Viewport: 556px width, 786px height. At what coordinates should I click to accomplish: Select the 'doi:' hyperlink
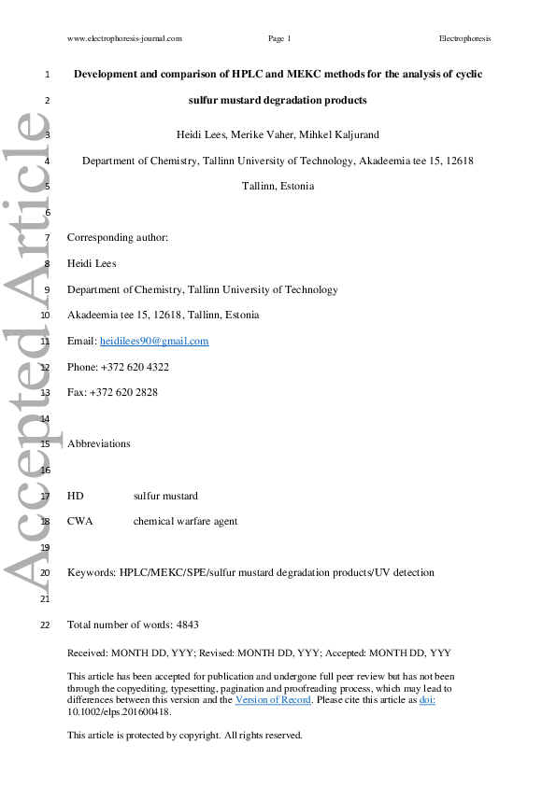[427, 699]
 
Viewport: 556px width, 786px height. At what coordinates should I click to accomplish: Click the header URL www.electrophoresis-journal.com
[124, 38]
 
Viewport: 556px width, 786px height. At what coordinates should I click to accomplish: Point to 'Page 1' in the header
[279, 38]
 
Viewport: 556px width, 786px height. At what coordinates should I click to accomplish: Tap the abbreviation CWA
[80, 521]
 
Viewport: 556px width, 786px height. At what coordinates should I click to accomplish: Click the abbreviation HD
[76, 496]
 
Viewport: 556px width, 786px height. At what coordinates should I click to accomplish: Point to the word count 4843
[187, 624]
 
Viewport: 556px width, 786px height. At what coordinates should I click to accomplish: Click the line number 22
[45, 625]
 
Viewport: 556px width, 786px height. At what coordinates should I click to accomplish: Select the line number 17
[45, 497]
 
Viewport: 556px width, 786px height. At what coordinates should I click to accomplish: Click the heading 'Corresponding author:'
[118, 238]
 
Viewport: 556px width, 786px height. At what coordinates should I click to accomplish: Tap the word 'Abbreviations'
[99, 443]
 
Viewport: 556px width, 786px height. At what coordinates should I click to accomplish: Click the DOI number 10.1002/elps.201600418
[119, 711]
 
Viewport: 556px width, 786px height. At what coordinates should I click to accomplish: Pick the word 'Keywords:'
[92, 572]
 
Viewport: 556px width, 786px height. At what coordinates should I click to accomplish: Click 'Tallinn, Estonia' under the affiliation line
[278, 186]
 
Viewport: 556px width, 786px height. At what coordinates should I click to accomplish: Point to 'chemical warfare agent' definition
[185, 521]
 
